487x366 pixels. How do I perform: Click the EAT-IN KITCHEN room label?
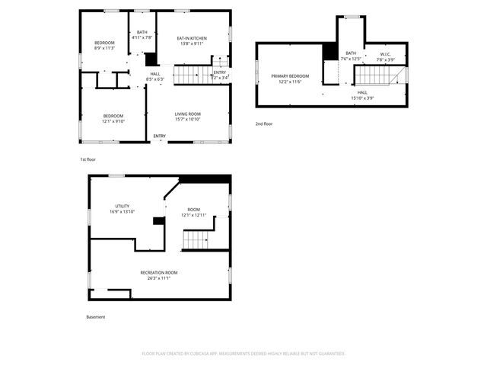[x=192, y=38]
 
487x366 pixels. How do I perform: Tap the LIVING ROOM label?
[x=187, y=114]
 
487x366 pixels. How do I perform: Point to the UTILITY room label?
[x=122, y=206]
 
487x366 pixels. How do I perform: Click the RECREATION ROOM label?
[x=159, y=272]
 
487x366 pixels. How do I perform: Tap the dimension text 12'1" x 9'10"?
[x=113, y=120]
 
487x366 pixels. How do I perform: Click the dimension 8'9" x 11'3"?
[x=104, y=47]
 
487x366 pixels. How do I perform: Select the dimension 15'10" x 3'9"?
[x=362, y=98]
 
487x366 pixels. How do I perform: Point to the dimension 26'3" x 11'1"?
[x=159, y=278]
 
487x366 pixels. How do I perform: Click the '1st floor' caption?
[x=88, y=159]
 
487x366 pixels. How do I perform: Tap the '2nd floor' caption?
[x=263, y=124]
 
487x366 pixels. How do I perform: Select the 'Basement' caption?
[x=95, y=316]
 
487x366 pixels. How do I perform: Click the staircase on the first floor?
[x=191, y=75]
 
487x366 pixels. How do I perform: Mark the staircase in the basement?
[x=196, y=240]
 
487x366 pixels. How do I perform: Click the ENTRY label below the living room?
[x=159, y=136]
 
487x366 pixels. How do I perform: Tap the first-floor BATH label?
[x=142, y=32]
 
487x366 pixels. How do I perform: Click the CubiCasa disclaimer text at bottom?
[x=243, y=354]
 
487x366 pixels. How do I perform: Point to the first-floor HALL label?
[x=155, y=73]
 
